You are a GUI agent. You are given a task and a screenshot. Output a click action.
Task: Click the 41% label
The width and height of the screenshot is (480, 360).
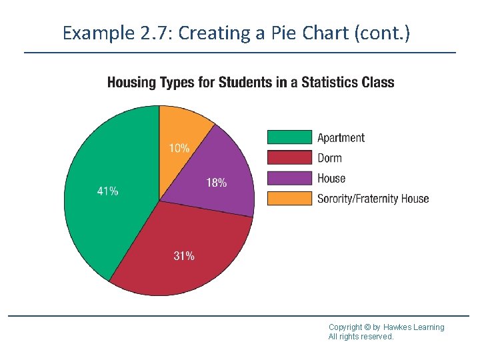pyautogui.click(x=108, y=191)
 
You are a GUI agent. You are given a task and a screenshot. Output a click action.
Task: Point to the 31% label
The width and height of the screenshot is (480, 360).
pyautogui.click(x=184, y=256)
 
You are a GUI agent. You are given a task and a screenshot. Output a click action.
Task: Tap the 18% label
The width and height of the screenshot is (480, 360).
pyautogui.click(x=216, y=182)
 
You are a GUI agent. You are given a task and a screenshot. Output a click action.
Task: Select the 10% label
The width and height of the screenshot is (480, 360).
pyautogui.click(x=178, y=149)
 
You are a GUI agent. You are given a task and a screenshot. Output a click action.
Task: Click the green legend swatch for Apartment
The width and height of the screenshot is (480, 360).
pyautogui.click(x=289, y=137)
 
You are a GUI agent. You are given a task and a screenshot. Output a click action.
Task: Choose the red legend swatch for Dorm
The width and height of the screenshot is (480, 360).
pyautogui.click(x=289, y=158)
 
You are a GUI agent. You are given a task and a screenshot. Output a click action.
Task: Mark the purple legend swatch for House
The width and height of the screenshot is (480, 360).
pyautogui.click(x=289, y=178)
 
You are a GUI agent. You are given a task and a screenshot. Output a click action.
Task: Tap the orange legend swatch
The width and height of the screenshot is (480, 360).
pyautogui.click(x=289, y=198)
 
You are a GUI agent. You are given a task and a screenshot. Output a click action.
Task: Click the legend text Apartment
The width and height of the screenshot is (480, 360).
pyautogui.click(x=341, y=138)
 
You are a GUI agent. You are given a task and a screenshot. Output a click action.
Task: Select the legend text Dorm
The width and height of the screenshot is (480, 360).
pyautogui.click(x=329, y=158)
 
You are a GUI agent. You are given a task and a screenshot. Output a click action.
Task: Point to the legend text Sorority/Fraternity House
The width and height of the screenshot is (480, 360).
pyautogui.click(x=373, y=199)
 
